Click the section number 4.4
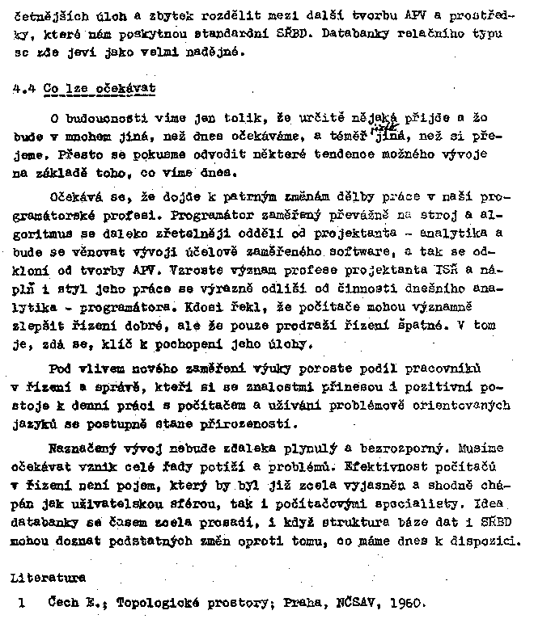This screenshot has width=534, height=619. tap(23, 88)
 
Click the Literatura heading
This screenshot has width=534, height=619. tap(49, 579)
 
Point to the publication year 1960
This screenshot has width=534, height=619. tap(402, 602)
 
